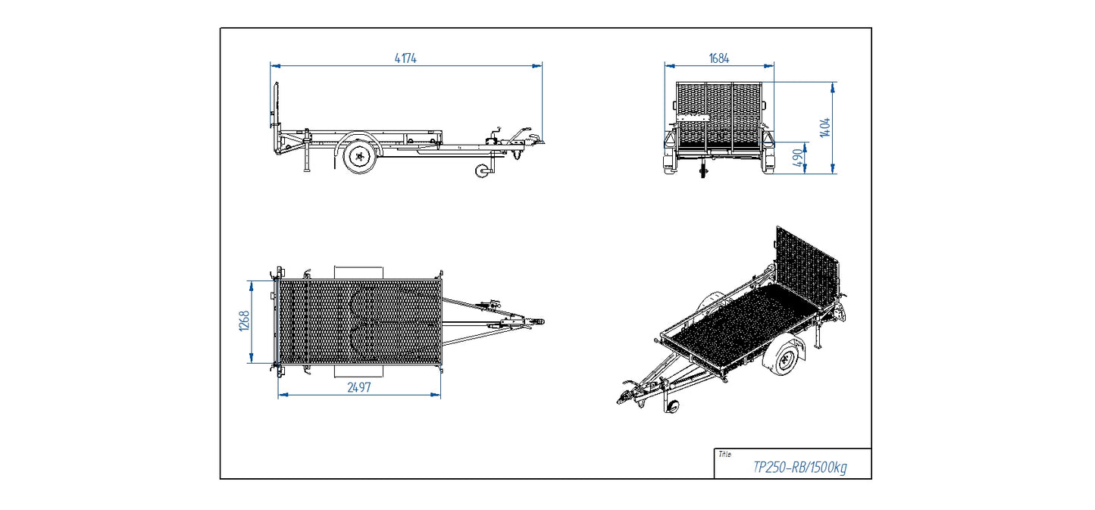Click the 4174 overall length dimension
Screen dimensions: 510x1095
405,58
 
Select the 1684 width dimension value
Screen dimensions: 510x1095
719,58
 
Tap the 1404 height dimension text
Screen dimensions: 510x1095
825,127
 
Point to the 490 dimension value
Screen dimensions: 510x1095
797,158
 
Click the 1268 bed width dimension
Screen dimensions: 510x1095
242,321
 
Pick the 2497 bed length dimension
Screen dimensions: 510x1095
359,387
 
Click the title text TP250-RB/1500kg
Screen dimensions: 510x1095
799,468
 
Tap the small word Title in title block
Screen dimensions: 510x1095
724,455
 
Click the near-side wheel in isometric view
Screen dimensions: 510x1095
784,358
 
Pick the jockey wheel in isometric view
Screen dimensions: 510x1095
671,405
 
